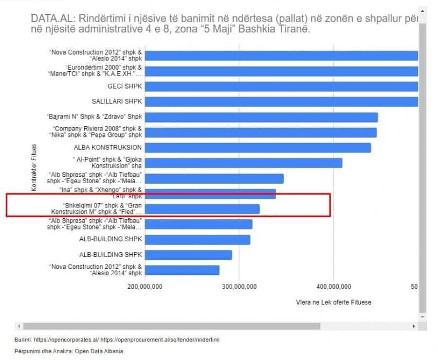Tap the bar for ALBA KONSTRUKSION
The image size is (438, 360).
click(x=258, y=148)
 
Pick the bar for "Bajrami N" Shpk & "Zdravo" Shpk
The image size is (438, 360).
click(x=261, y=117)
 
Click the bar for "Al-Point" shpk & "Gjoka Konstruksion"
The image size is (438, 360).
click(x=243, y=163)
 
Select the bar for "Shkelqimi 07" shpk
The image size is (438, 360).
click(x=202, y=209)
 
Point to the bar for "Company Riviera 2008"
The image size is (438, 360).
click(x=261, y=133)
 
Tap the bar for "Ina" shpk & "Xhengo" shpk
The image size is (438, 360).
click(x=210, y=193)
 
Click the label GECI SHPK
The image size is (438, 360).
click(x=124, y=87)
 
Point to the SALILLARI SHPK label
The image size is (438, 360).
click(x=117, y=102)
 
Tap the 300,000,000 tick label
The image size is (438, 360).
click(x=240, y=287)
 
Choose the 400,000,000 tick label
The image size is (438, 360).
click(x=334, y=287)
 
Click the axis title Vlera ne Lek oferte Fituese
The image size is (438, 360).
click(x=333, y=303)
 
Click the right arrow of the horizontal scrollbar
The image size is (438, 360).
click(x=414, y=326)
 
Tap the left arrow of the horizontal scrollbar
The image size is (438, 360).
click(x=19, y=326)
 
